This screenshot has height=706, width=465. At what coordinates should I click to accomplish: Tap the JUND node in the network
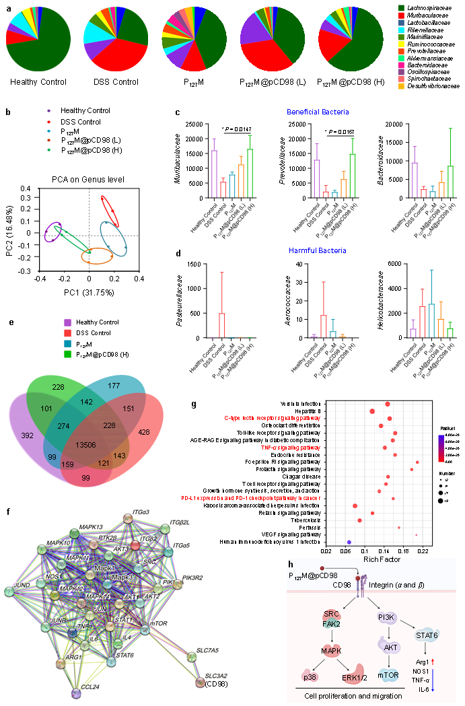point(9,592)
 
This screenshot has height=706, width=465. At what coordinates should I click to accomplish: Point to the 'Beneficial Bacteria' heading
point(318,112)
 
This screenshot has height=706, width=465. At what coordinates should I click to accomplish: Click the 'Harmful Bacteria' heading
point(318,250)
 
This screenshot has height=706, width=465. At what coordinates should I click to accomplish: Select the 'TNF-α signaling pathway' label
point(290,447)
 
